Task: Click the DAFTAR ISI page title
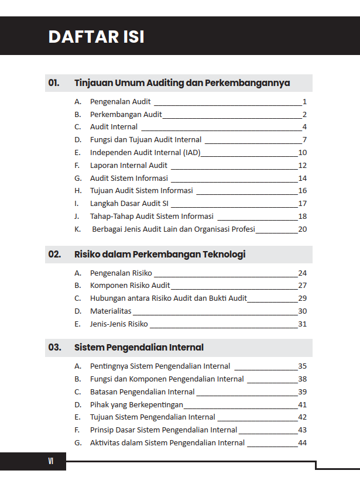coord(96,37)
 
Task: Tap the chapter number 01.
coord(54,83)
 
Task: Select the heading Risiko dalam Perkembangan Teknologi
coord(160,255)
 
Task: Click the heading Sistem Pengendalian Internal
coord(139,348)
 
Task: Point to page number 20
coord(303,229)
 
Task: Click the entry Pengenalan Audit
coord(121,101)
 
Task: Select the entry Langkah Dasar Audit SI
coord(129,204)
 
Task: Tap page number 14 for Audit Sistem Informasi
coord(303,178)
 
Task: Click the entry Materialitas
coord(111,311)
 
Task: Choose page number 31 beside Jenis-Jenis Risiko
coord(303,324)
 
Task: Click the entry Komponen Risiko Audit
coord(130,286)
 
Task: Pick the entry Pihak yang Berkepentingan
coord(136,404)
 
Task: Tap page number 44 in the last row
coord(303,443)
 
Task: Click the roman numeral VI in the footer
coord(50,462)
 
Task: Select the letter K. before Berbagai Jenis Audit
coord(77,229)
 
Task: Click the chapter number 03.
coord(54,348)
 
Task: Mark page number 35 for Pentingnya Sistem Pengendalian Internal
coord(303,366)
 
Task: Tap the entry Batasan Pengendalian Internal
coord(142,392)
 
